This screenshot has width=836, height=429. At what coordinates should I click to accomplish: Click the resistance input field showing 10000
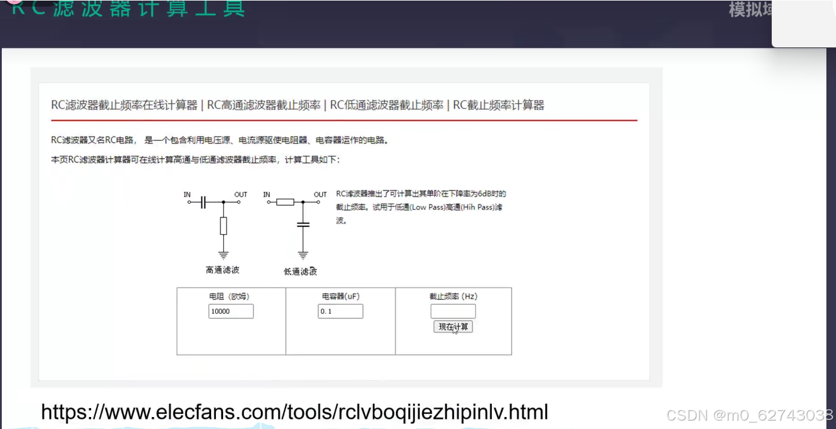[x=231, y=312]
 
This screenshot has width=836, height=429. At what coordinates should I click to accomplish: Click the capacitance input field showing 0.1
[x=340, y=312]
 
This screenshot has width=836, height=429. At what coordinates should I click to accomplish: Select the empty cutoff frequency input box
[x=453, y=312]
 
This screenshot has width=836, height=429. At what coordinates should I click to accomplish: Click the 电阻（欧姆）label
[x=228, y=297]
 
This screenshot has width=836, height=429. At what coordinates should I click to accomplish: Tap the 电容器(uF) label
[x=341, y=297]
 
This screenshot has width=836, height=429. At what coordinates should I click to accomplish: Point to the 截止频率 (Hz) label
[x=453, y=297]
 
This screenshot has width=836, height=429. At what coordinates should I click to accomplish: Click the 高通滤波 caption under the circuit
[x=222, y=270]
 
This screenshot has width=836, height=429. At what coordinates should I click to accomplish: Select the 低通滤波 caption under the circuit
[x=300, y=272]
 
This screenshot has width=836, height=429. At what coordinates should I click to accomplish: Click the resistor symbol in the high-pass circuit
[x=223, y=226]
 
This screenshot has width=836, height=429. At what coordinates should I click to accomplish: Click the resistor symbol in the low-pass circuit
[x=285, y=203]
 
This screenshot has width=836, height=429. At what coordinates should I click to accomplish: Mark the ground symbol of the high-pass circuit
[x=223, y=255]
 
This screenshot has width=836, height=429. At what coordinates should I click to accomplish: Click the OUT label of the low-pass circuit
[x=320, y=195]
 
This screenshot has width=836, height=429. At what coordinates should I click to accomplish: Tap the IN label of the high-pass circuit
[x=187, y=195]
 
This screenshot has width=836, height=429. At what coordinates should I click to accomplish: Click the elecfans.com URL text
[x=294, y=412]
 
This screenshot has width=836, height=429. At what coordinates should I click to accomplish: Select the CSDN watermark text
[x=750, y=415]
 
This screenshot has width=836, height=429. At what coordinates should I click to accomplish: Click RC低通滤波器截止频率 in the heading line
[x=387, y=105]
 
